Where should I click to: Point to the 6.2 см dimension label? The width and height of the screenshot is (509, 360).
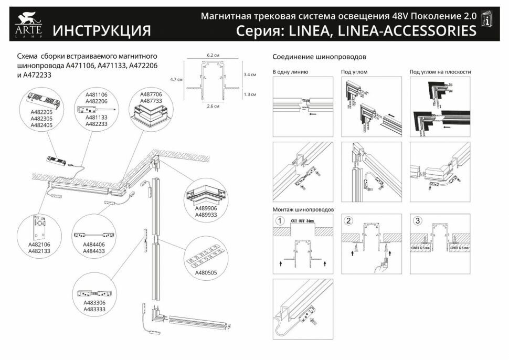point(212,55)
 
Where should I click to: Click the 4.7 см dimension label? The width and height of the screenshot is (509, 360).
point(176,79)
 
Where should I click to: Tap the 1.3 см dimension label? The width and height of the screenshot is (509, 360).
point(250,94)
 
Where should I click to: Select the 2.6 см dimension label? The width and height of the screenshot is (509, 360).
point(212,106)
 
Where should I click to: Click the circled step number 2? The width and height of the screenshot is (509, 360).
point(349,220)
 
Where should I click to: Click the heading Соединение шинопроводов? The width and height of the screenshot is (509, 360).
point(319,56)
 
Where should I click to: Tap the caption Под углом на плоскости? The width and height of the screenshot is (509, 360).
point(440,72)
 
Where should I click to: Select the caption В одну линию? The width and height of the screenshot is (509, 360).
point(290,72)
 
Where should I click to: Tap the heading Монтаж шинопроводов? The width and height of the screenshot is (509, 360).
point(303,209)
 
